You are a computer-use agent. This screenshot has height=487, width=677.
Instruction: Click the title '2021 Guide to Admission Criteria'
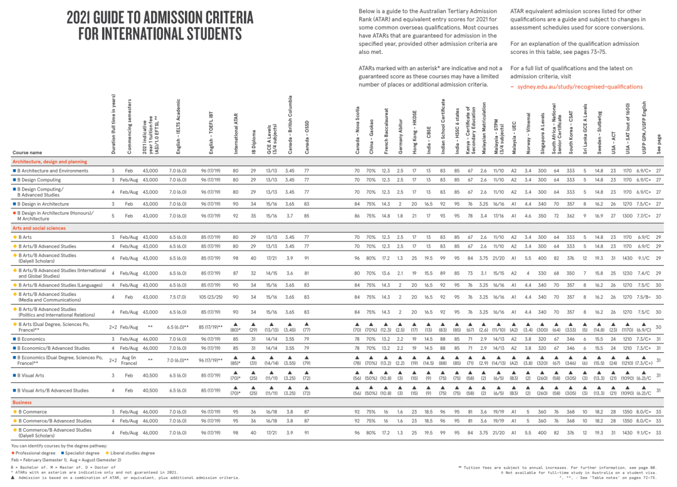pos(160,17)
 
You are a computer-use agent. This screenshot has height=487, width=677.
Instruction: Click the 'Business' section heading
pos(22,402)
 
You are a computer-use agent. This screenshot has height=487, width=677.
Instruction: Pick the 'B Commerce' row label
pos(33,412)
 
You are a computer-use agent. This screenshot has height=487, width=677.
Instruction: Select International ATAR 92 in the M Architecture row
pos(236,216)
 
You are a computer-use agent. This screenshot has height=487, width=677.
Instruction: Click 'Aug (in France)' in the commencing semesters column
pos(129,362)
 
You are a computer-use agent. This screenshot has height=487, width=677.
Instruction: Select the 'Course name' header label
pos(28,153)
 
